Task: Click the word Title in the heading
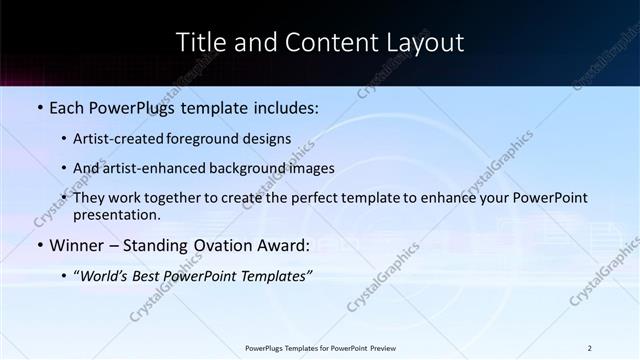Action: pyautogui.click(x=201, y=42)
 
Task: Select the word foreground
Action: pyautogui.click(x=218, y=139)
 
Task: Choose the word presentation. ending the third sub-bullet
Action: pyautogui.click(x=117, y=214)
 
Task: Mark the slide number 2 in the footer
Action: pyautogui.click(x=590, y=348)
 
